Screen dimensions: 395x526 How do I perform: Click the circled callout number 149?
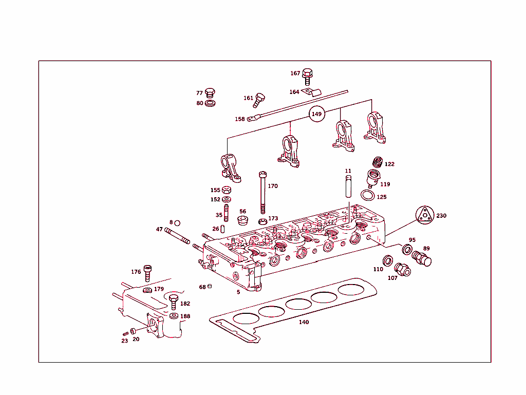coord(317,114)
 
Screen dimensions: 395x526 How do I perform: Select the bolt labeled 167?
coord(308,76)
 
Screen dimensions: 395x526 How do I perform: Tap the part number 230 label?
coord(441,216)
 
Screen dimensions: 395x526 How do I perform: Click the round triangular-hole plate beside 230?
coord(424,215)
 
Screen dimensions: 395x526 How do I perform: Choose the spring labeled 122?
coord(378,162)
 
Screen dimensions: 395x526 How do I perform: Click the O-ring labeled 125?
coord(367,195)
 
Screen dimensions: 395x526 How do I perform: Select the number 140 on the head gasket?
coord(304,322)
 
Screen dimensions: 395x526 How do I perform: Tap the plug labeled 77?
coord(210,93)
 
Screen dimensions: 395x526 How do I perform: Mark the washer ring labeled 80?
coord(210,103)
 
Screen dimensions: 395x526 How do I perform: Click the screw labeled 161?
coord(259,99)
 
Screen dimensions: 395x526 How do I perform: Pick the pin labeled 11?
coord(348,185)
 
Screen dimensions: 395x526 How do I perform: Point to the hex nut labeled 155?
coord(227,190)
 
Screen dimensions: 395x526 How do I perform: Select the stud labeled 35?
coord(226,212)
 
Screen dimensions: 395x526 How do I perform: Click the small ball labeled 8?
coord(177,223)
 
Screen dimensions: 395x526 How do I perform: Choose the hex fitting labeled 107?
coord(402,269)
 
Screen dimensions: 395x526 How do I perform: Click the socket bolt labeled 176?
coord(147,272)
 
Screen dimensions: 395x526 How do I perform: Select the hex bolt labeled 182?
coord(174,303)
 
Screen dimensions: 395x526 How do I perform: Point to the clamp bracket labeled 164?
coord(310,92)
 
